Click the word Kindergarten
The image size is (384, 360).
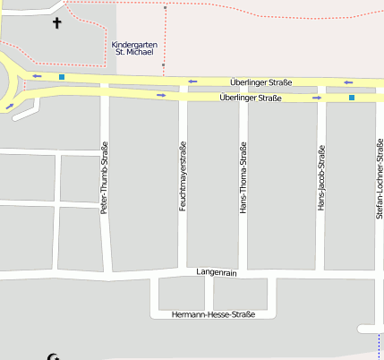[x=133, y=44]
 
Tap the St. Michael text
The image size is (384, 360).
[x=133, y=53]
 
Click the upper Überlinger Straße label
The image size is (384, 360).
[x=260, y=82]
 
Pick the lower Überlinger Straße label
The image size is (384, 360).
[x=250, y=98]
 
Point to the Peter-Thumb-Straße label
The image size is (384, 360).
[x=105, y=177]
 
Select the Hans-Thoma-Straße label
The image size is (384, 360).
[x=243, y=177]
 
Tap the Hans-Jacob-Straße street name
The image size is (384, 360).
[x=320, y=178]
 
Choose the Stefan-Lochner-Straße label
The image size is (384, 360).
[x=380, y=178]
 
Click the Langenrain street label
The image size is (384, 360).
[x=216, y=272]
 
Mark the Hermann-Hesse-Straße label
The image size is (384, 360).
[x=214, y=314]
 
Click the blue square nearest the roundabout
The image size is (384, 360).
[x=62, y=78]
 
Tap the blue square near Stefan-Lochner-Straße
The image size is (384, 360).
[x=352, y=97]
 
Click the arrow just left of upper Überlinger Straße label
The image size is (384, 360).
[x=192, y=81]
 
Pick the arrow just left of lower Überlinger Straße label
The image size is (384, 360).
[x=161, y=95]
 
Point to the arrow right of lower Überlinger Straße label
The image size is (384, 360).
[x=317, y=97]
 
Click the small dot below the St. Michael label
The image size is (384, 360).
[x=164, y=65]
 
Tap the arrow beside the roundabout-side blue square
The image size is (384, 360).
[x=38, y=76]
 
